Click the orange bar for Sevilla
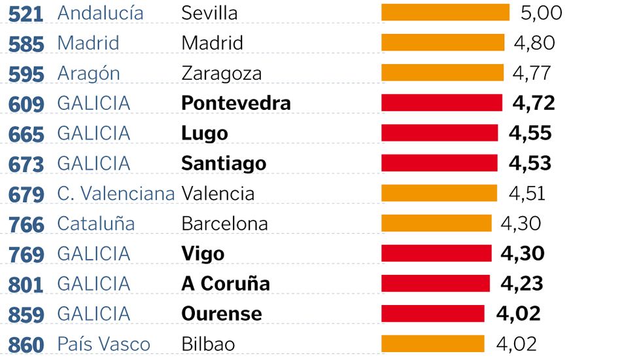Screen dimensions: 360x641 (x=445, y=12)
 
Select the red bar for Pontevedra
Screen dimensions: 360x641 (x=442, y=103)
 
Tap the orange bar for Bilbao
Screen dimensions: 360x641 (x=432, y=344)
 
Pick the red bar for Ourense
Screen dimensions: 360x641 (x=432, y=314)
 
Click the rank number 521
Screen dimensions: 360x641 (x=26, y=13)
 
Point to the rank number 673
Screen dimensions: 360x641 (x=26, y=164)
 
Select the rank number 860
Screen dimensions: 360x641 (x=26, y=344)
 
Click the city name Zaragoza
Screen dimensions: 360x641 (x=221, y=73)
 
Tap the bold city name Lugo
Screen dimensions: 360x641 (x=204, y=134)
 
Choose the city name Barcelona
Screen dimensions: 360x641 (x=224, y=224)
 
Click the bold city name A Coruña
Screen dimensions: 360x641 (x=225, y=283)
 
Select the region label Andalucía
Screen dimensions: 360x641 (x=100, y=12)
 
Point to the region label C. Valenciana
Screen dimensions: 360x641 (x=116, y=194)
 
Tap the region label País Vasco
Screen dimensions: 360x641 (x=103, y=344)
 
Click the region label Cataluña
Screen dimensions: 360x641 (x=95, y=224)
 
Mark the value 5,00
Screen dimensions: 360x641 (x=541, y=12)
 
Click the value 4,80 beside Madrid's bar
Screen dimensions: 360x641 (x=534, y=43)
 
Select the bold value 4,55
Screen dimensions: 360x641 (x=530, y=134)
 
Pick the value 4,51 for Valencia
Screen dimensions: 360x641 (x=527, y=194)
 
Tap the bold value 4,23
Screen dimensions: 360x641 (x=521, y=283)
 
